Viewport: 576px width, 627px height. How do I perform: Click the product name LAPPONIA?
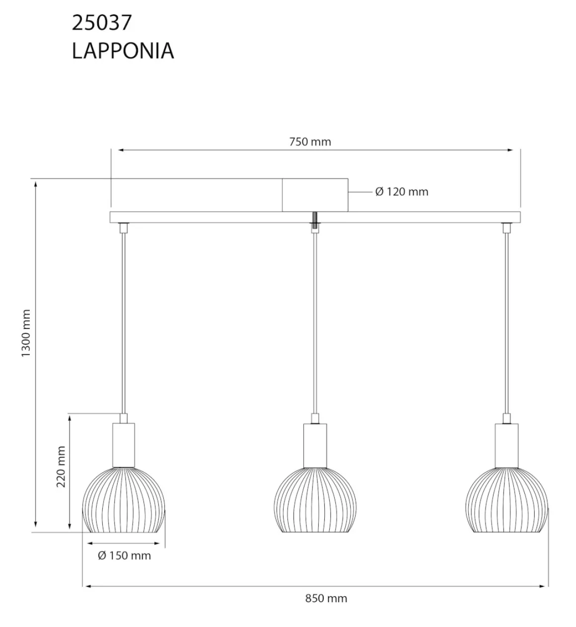pyautogui.click(x=123, y=51)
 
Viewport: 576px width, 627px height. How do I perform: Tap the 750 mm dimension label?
pyautogui.click(x=310, y=142)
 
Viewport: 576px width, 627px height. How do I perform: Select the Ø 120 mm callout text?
pyautogui.click(x=401, y=192)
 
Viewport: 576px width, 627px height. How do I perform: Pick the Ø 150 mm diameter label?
pyautogui.click(x=124, y=555)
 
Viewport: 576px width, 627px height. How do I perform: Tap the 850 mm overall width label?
pyautogui.click(x=326, y=598)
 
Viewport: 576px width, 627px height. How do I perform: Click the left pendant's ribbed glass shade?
pyautogui.click(x=123, y=500)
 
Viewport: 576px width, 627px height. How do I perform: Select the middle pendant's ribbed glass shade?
pyautogui.click(x=315, y=500)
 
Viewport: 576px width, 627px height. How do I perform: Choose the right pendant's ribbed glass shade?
pyautogui.click(x=506, y=500)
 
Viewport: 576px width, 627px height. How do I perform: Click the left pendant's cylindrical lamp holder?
pyautogui.click(x=124, y=445)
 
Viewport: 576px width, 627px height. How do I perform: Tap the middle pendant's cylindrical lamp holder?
pyautogui.click(x=315, y=445)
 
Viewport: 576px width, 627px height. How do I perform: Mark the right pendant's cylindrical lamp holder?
pyautogui.click(x=506, y=445)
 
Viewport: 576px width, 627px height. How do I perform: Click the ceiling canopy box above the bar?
pyautogui.click(x=315, y=195)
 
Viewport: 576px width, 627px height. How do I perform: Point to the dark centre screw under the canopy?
pyautogui.click(x=315, y=219)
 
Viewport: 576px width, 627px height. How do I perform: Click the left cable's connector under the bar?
pyautogui.click(x=123, y=228)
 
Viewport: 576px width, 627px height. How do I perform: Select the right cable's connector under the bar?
pyautogui.click(x=506, y=228)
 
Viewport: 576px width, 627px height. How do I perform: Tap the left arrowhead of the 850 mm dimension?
pyautogui.click(x=86, y=587)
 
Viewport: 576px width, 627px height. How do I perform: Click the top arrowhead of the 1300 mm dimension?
pyautogui.click(x=35, y=183)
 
